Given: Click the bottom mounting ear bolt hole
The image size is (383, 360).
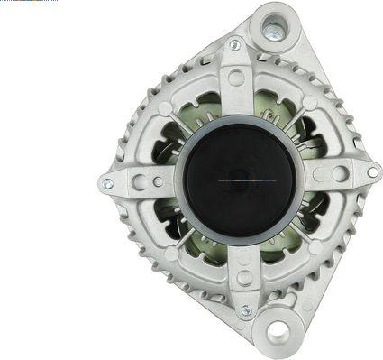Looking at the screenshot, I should (278, 332).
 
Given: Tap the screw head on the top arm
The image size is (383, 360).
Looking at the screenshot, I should (235, 45).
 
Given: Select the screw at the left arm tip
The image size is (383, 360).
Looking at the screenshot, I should (107, 183).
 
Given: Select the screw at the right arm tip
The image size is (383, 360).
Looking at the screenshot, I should (371, 171).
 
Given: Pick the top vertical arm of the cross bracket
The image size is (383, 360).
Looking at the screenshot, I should (236, 90).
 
